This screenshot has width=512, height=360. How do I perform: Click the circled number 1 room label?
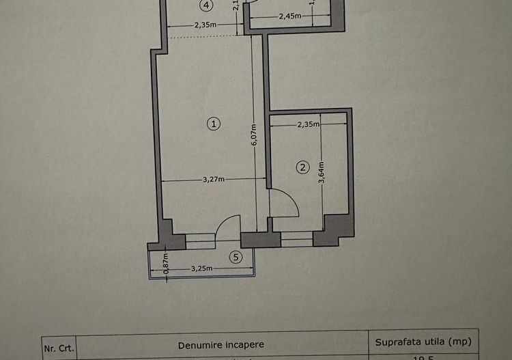tap(214, 124)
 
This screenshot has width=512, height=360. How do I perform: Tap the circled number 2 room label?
tap(302, 166)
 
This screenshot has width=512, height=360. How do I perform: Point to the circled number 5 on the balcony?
tap(236, 257)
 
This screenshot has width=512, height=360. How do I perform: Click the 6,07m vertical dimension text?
tap(253, 139)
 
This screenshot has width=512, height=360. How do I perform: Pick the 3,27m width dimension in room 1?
tap(214, 180)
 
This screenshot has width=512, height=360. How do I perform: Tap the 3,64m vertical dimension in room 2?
tap(322, 176)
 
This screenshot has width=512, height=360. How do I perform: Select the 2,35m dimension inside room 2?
tap(309, 124)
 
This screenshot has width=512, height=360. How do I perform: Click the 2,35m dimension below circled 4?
tap(205, 26)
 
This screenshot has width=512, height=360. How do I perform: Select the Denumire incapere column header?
tap(222, 345)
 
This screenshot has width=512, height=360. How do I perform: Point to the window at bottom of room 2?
tap(296, 239)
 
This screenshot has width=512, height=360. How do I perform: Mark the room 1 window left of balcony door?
tap(200, 240)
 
